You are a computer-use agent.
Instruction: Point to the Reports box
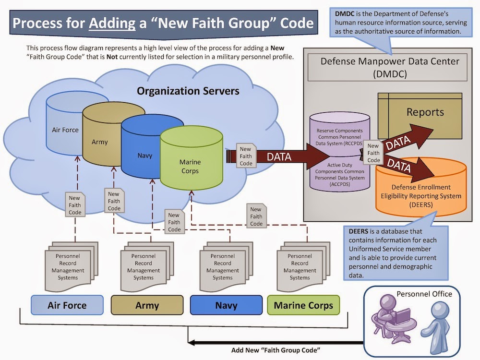tap(420, 116)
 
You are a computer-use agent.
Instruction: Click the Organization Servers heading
tap(188, 91)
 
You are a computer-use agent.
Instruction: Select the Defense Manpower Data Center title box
tap(387, 67)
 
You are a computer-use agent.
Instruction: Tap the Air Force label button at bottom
tap(67, 305)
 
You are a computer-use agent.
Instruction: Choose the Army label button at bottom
tap(147, 305)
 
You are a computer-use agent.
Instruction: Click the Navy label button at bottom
tap(226, 305)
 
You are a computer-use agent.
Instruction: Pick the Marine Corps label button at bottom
tap(303, 305)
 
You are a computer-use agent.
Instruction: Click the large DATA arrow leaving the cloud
tap(278, 156)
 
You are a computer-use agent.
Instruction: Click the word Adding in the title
tap(112, 23)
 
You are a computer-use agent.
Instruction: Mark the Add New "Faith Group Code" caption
tap(276, 350)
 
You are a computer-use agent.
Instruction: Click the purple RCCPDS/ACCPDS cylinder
tap(339, 156)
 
